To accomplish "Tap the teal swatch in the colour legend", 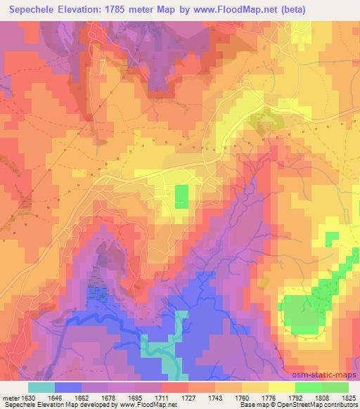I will (41, 387).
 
